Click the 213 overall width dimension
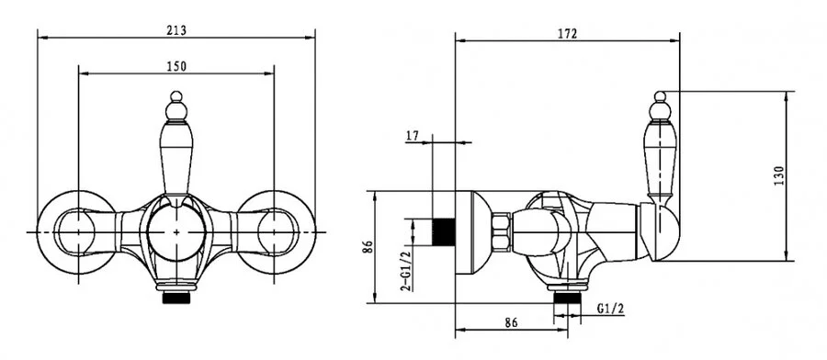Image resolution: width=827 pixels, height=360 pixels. (x=176, y=30)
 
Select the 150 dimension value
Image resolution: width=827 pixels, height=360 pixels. (x=176, y=66)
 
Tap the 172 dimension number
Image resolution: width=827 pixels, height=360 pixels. (x=568, y=34)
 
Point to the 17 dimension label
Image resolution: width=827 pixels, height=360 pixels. (x=412, y=136)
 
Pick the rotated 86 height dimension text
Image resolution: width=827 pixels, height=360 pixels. (x=368, y=247)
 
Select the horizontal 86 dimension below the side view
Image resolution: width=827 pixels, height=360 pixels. (x=511, y=322)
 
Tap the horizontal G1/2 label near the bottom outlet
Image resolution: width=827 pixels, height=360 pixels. (x=611, y=309)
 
